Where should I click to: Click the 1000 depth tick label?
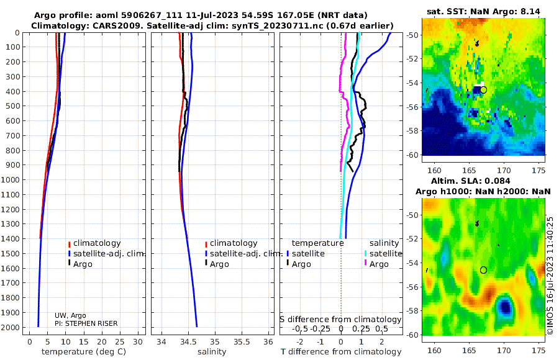click(11, 180)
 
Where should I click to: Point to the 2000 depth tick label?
click(11, 327)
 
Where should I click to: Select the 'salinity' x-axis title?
click(211, 352)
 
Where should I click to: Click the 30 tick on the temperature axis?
click(137, 342)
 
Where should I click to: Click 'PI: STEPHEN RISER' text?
click(86, 323)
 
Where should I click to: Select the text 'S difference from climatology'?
click(341, 319)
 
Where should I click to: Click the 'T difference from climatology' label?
click(341, 352)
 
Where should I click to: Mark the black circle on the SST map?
click(484, 90)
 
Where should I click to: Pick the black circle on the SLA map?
click(483, 270)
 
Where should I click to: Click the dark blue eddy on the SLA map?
click(506, 305)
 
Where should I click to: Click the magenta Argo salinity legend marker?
click(365, 264)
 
